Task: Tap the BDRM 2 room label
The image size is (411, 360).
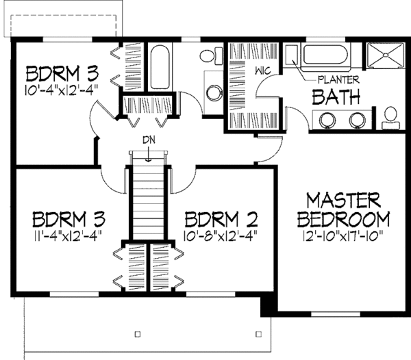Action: (x=221, y=220)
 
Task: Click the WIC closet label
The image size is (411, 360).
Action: (x=263, y=70)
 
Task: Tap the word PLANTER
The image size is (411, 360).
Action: (x=338, y=80)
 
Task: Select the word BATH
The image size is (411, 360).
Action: (x=336, y=97)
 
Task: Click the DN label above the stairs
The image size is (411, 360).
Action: (x=149, y=140)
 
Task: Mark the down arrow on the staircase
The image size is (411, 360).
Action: (x=149, y=155)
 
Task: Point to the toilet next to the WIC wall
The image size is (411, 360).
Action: (x=211, y=55)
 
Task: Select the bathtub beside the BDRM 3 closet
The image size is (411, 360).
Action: (x=160, y=68)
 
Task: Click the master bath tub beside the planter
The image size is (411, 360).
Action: (x=325, y=55)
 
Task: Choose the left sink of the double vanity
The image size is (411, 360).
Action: (x=327, y=120)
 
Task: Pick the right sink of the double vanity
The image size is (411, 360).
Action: (x=358, y=120)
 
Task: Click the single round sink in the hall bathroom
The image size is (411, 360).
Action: (x=214, y=93)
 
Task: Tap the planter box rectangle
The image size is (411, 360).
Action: (x=291, y=55)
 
